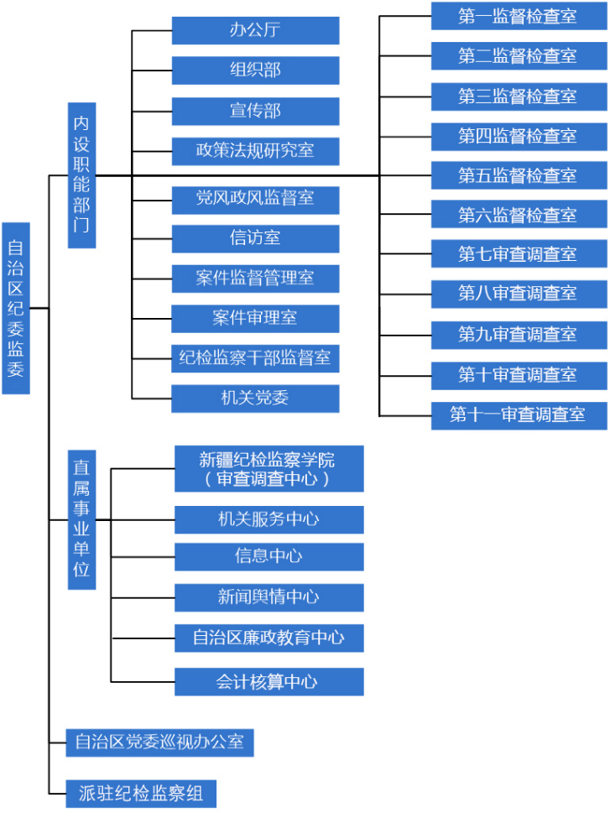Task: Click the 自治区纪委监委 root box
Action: click(16, 308)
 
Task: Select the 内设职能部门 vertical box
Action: click(81, 175)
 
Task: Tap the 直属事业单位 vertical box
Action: click(81, 519)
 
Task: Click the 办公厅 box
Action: click(255, 30)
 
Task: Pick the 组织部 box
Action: click(255, 70)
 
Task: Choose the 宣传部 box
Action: click(255, 111)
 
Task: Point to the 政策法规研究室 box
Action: click(255, 151)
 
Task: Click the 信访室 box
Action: click(255, 238)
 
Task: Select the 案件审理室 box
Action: click(255, 318)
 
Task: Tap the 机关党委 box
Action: click(255, 399)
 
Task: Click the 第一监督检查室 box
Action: click(519, 16)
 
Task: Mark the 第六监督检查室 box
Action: click(519, 215)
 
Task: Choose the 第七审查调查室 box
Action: click(519, 254)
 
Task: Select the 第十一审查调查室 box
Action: click(519, 414)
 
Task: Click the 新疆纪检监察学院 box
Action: click(269, 468)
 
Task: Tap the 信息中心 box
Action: click(269, 556)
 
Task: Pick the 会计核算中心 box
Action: click(269, 681)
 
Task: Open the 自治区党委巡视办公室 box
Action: click(159, 742)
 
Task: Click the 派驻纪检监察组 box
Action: click(141, 794)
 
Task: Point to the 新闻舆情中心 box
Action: click(269, 597)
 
